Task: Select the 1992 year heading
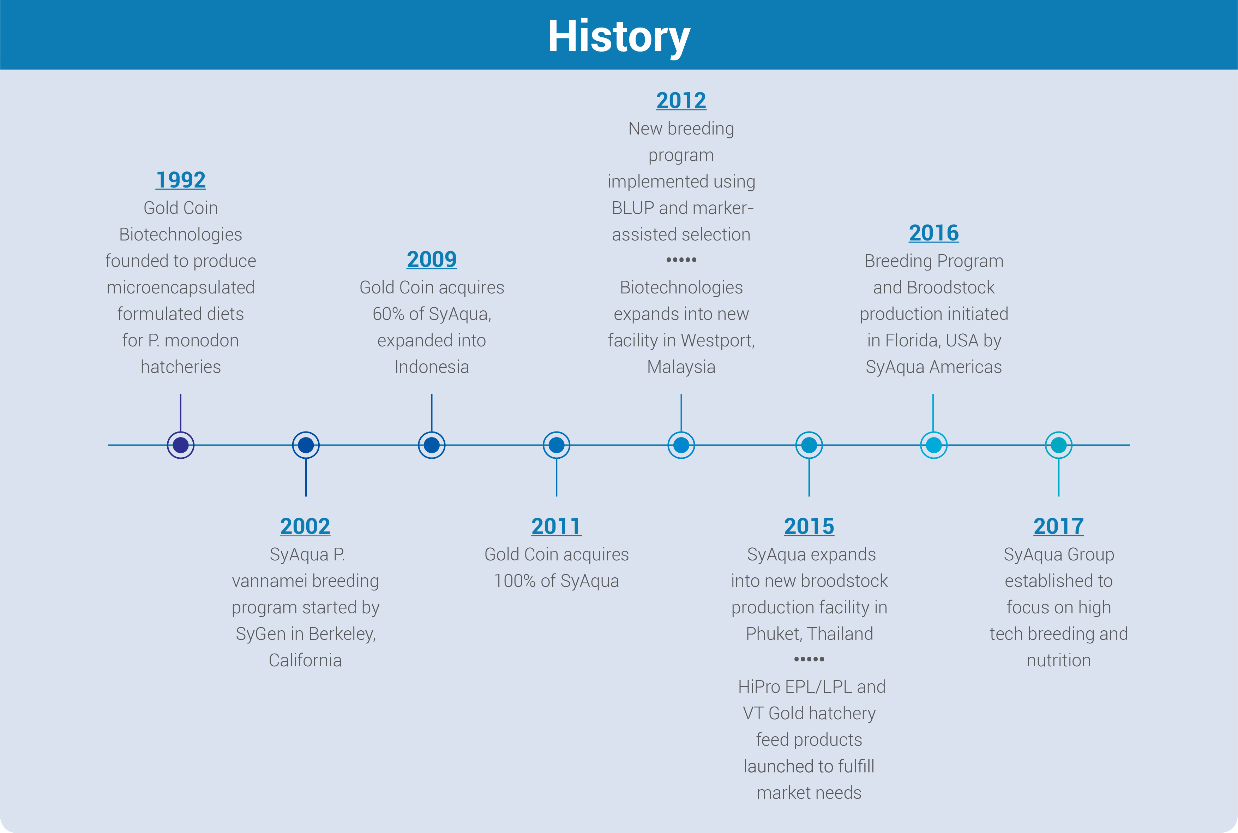pyautogui.click(x=180, y=180)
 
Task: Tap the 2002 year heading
pyautogui.click(x=305, y=526)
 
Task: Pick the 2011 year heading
pyautogui.click(x=556, y=526)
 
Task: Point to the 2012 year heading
pyautogui.click(x=681, y=100)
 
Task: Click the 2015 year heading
pyautogui.click(x=809, y=526)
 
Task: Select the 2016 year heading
pyautogui.click(x=934, y=233)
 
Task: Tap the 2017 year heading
pyautogui.click(x=1059, y=526)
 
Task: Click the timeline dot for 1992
pyautogui.click(x=180, y=445)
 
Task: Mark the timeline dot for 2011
pyautogui.click(x=556, y=445)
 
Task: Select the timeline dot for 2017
pyautogui.click(x=1059, y=445)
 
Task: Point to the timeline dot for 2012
pyautogui.click(x=681, y=445)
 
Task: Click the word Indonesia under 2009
pyautogui.click(x=432, y=367)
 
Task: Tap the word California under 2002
pyautogui.click(x=305, y=660)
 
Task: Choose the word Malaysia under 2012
pyautogui.click(x=681, y=367)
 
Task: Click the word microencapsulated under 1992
pyautogui.click(x=180, y=287)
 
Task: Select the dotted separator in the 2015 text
pyautogui.click(x=809, y=659)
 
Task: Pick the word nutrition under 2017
pyautogui.click(x=1059, y=660)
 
